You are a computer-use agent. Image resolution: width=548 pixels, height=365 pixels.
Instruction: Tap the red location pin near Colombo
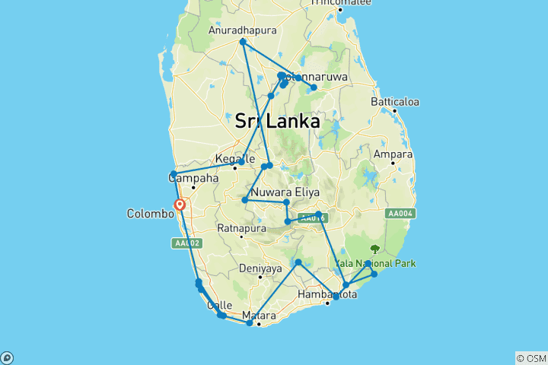coord(180,205)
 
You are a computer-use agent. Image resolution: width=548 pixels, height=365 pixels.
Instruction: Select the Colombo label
coord(149,214)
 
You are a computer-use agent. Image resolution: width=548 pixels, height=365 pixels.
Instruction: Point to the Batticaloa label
coord(395,102)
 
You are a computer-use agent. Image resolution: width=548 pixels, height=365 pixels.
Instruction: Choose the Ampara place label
coord(393,154)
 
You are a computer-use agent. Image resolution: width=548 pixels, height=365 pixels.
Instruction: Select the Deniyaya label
coord(260,268)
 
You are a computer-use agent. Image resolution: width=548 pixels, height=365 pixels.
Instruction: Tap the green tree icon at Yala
coord(374,249)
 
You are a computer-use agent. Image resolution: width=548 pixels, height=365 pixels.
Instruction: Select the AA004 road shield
coord(400,214)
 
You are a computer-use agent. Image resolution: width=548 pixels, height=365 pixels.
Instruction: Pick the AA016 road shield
coord(312,218)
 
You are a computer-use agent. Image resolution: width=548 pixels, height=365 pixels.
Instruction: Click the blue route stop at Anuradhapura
coord(243,42)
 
